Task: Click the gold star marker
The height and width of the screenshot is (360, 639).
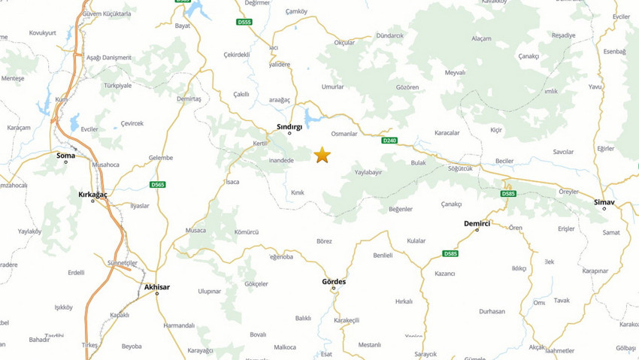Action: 322,155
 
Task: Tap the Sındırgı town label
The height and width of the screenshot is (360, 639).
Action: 289,126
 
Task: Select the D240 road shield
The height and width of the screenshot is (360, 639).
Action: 389,141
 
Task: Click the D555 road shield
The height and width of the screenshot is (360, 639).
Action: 244,22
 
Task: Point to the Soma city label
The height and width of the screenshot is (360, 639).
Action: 66,156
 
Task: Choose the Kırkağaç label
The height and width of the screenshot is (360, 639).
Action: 93,194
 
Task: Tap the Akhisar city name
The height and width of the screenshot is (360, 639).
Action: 157,286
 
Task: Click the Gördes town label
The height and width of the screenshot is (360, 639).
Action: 334,282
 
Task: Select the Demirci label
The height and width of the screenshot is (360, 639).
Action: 477,223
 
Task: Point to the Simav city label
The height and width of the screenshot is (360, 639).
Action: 604,202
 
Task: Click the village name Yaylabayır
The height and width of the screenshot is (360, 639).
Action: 368,172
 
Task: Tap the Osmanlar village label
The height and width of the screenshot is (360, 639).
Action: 344,133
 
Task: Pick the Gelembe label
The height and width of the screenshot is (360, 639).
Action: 161,158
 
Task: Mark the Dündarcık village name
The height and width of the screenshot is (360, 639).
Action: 389,35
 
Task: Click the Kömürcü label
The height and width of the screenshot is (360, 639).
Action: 247,232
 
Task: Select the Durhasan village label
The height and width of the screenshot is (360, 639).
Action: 492,310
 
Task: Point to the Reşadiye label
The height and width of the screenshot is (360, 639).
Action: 563,35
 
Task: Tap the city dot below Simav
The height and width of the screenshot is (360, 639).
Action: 604,208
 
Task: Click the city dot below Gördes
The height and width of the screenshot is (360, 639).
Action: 334,289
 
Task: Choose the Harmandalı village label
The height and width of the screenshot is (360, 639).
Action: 179,325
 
